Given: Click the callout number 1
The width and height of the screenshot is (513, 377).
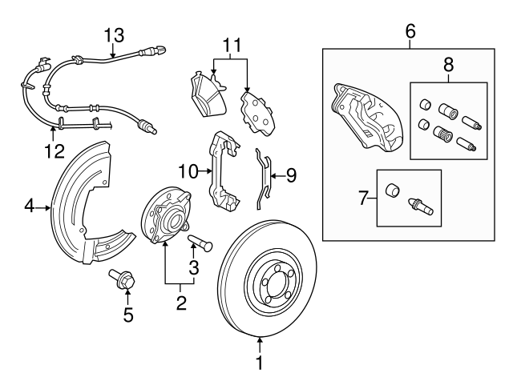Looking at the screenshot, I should pos(260,364).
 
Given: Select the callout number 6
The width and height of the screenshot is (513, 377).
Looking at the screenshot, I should pos(410,31).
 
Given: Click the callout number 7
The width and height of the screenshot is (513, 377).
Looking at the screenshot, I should pos(364,198).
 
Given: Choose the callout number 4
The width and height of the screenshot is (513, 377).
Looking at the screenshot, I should pos(29,207).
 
